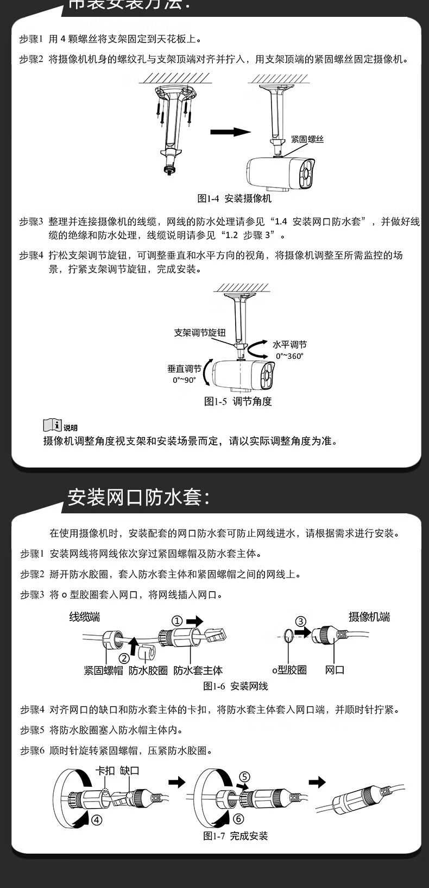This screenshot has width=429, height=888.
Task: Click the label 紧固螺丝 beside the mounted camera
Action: pos(307,140)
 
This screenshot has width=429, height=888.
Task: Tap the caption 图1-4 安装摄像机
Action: pos(234,199)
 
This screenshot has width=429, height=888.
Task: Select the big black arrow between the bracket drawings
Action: pos(230,132)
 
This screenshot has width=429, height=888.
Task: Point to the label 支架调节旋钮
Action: pos(199,332)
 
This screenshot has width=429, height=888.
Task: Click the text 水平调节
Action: pos(289,345)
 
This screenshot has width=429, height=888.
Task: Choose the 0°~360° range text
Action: pos(289,356)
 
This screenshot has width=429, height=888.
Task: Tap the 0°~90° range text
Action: pos(184,380)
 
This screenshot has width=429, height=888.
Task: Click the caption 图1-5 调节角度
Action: pos(238,401)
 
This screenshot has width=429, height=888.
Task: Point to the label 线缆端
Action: pos(85,617)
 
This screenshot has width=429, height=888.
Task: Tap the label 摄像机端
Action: pos(369,617)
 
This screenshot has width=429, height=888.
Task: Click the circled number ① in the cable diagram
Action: pos(177,620)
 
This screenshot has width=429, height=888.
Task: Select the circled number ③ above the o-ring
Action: pos(301,622)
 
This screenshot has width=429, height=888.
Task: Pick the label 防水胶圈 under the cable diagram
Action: pos(148,670)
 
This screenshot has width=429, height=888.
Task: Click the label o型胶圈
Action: pos(289,670)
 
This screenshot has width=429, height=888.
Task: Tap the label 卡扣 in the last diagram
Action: pos(105,771)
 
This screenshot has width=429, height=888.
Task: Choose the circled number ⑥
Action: pos(238,819)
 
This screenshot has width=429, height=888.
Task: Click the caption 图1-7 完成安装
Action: pos(236,836)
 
